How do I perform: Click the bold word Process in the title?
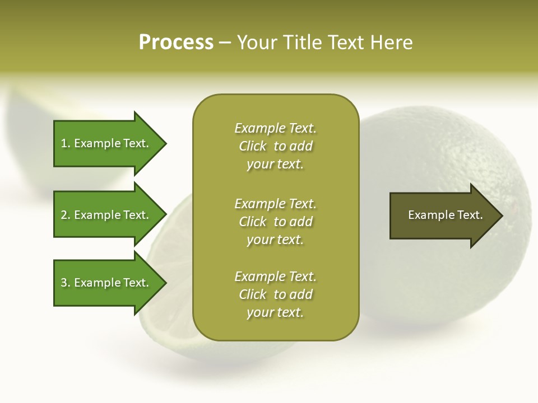[x=176, y=43]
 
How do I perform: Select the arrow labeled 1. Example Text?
[x=106, y=143]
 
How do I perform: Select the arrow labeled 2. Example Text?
[x=106, y=215]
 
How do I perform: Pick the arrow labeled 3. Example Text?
[x=106, y=283]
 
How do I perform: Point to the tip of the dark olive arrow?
[x=502, y=215]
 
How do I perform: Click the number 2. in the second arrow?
[x=66, y=215]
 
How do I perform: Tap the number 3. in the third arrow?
[x=66, y=283]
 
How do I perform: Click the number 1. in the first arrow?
[x=66, y=143]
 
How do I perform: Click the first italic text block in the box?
[x=275, y=146]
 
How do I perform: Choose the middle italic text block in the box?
[x=275, y=222]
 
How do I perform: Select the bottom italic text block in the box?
[x=275, y=294]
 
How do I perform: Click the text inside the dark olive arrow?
[x=445, y=215]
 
